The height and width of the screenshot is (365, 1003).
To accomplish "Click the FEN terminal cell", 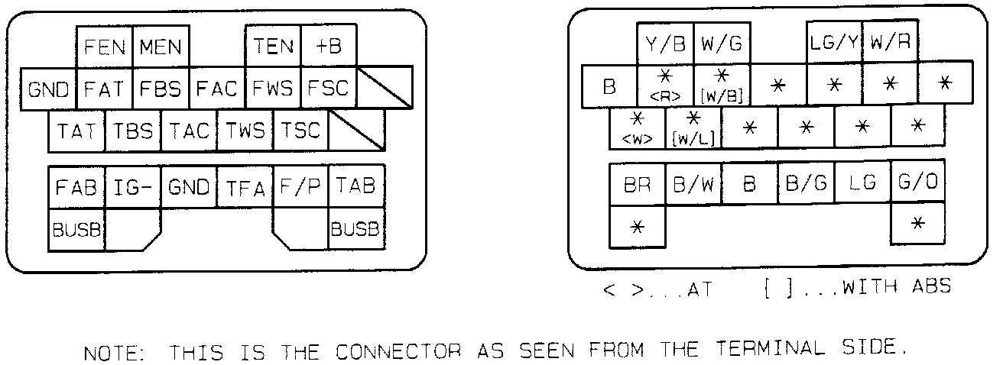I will tap(105, 47).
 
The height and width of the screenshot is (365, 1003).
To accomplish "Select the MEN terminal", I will tap(161, 47).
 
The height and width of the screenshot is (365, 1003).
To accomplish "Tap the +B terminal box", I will tap(329, 47).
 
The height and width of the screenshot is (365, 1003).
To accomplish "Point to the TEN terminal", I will tap(273, 47).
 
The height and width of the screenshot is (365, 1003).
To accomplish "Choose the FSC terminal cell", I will tap(329, 89).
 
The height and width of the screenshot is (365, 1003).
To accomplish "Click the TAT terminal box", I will tap(76, 131).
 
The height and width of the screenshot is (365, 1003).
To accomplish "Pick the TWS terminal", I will tap(245, 131).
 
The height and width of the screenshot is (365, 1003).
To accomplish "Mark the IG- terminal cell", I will tap(132, 187).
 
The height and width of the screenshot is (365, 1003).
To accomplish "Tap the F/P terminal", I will tap(300, 187).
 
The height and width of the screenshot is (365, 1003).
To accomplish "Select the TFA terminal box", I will tap(245, 187).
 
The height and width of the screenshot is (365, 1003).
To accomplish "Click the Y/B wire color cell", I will tap(665, 43).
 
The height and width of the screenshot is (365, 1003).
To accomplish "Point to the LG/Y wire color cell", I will tap(834, 43).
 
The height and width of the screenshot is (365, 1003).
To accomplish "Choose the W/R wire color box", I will tap(890, 43).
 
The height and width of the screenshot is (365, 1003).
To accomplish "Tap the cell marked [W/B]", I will tap(722, 86).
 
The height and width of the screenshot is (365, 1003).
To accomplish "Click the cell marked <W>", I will tap(638, 128).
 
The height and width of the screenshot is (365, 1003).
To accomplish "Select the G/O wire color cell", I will tap(918, 184).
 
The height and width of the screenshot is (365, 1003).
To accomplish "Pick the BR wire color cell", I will tap(638, 184).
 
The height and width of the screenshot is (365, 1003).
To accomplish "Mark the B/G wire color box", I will tap(806, 184).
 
